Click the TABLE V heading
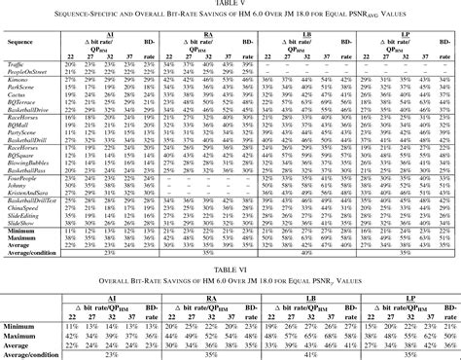click(230, 4)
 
